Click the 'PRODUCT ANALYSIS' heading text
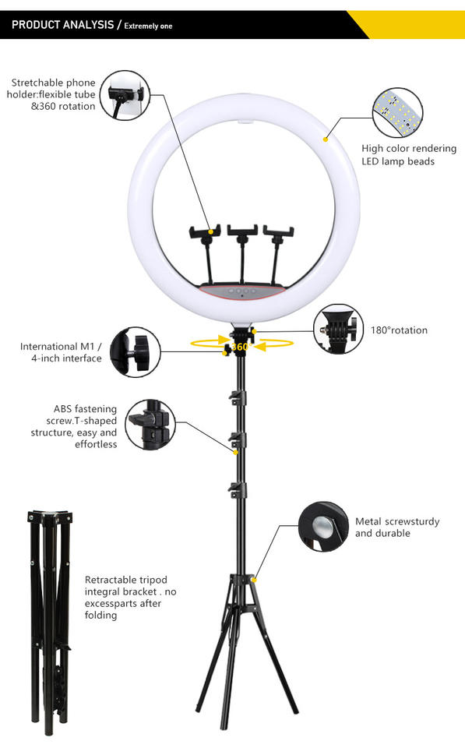tap(62, 25)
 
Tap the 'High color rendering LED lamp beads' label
tap(398, 154)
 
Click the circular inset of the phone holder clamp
tap(127, 96)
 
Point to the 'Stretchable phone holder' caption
tap(53, 94)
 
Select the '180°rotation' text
tap(399, 330)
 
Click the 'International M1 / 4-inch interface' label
tap(61, 352)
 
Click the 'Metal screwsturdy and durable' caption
tap(397, 527)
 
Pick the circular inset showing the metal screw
tap(323, 527)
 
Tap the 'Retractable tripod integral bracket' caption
tap(131, 598)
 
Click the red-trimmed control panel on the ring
tap(243, 291)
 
